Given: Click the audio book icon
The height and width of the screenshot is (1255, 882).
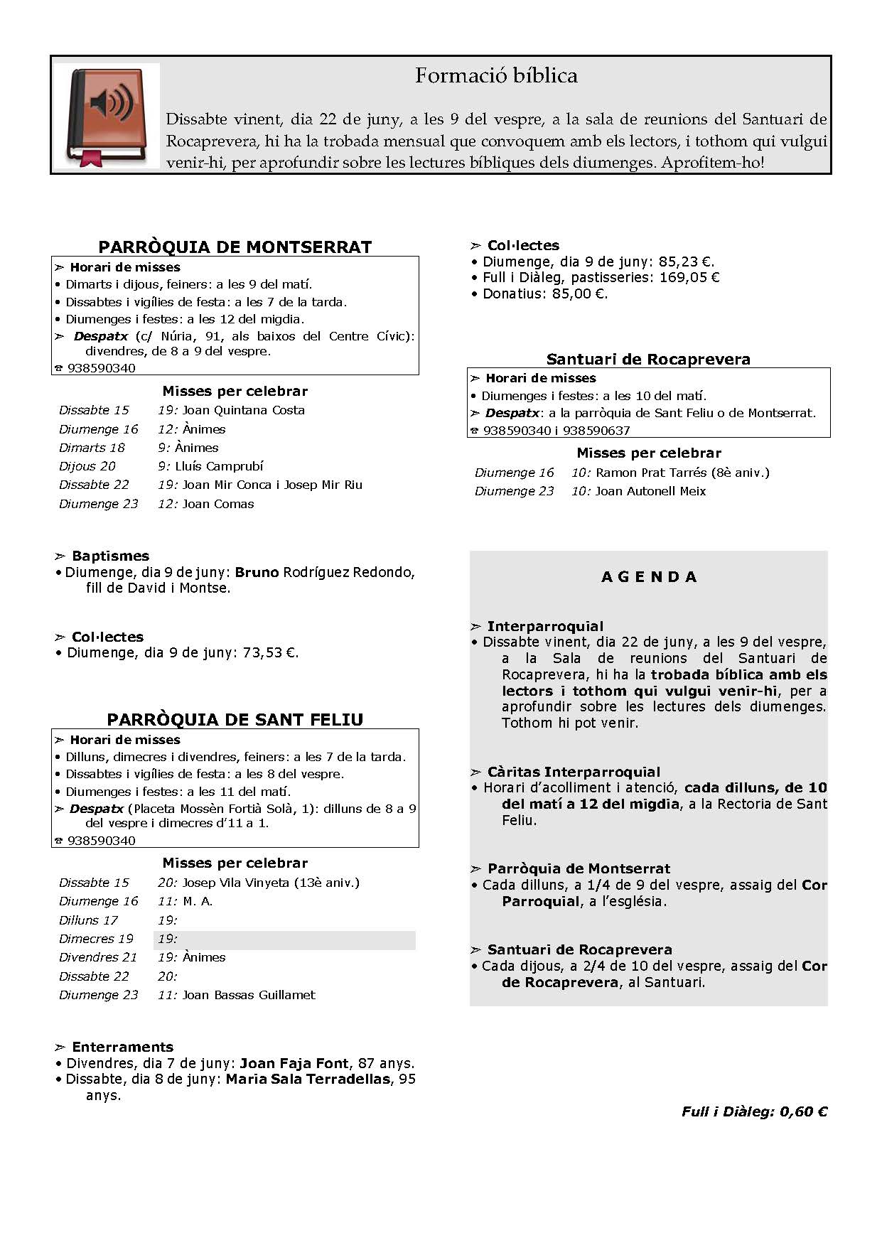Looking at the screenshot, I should (107, 115).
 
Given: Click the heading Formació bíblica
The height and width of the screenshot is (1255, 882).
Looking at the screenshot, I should (496, 76).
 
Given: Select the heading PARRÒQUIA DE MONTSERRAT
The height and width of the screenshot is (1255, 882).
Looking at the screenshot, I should (235, 247).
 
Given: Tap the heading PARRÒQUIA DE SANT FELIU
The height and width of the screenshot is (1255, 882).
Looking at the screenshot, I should (235, 720).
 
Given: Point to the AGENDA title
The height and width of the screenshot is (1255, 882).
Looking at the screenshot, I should (649, 577).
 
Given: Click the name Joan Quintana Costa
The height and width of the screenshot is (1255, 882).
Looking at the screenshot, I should (243, 410).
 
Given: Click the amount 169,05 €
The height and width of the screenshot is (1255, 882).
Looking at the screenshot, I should (689, 278).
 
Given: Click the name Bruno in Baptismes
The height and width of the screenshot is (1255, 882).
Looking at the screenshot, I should (257, 572).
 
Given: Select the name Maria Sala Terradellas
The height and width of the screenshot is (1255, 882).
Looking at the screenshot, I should (308, 1079).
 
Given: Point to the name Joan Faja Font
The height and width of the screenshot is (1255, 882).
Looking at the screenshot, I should (294, 1063).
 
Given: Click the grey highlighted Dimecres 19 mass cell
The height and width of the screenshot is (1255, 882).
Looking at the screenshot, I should (285, 939).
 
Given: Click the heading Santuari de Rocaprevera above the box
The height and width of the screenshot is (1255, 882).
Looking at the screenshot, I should (648, 360).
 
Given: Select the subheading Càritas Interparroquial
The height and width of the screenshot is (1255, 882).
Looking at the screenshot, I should (573, 772).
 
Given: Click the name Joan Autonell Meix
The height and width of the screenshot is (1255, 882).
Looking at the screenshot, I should (650, 491).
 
